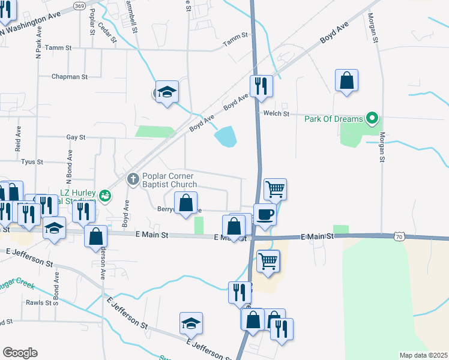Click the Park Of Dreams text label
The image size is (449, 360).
[333, 119]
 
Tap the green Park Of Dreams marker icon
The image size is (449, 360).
[372, 119]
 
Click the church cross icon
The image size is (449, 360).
[133, 178]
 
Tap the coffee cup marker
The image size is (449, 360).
[265, 215]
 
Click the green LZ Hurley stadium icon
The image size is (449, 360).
[105, 195]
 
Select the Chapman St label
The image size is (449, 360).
[70, 77]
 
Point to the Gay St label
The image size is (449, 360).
[76, 137]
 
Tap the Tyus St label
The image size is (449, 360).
[32, 162]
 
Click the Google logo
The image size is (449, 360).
[20, 352]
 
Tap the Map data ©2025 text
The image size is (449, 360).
[424, 355]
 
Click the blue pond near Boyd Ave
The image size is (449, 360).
[226, 137]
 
